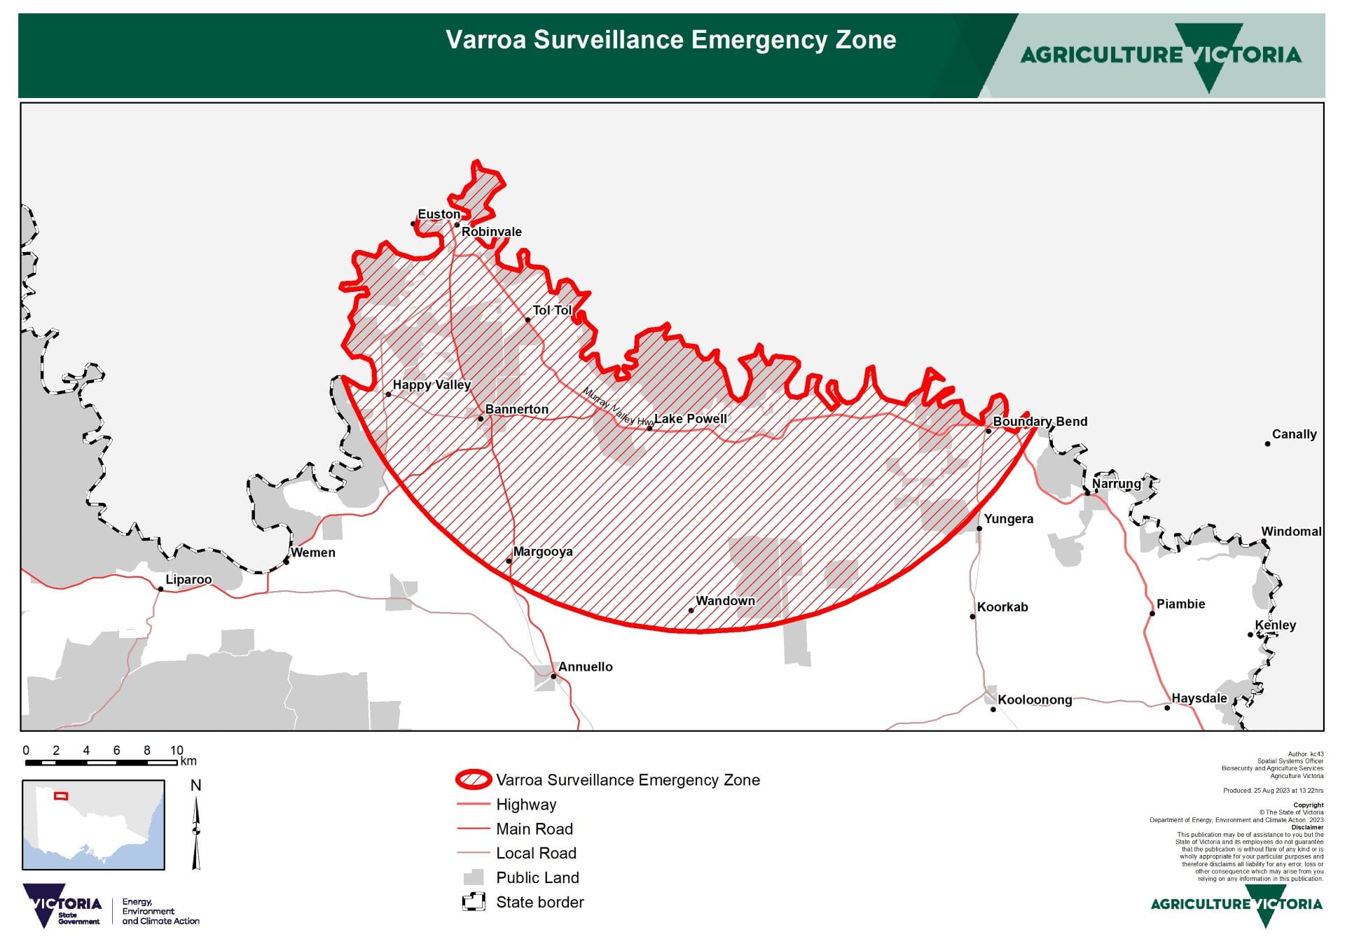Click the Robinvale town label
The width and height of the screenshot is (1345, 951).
(491, 232)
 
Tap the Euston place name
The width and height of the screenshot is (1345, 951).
(439, 214)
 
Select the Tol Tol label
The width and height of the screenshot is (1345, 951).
(552, 310)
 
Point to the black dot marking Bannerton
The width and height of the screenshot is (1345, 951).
(481, 419)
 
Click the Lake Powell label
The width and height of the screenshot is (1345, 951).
(690, 419)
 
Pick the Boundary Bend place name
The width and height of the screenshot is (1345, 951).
(1040, 422)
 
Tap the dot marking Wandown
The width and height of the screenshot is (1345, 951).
(691, 611)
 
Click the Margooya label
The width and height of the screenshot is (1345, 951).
(543, 552)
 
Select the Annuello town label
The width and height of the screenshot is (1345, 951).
(585, 667)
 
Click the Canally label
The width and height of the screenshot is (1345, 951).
(1294, 434)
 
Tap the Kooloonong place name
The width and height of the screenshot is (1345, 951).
(1035, 700)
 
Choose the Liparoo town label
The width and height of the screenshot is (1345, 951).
(188, 580)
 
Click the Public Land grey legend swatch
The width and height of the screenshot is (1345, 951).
(474, 877)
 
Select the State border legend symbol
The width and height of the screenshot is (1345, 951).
(474, 902)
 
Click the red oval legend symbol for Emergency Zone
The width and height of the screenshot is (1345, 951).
(474, 779)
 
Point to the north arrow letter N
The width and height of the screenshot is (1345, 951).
(196, 786)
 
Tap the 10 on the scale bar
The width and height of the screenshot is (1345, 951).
(177, 750)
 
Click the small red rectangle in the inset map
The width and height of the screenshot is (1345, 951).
(61, 796)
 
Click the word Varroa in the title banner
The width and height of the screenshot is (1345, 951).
(486, 40)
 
